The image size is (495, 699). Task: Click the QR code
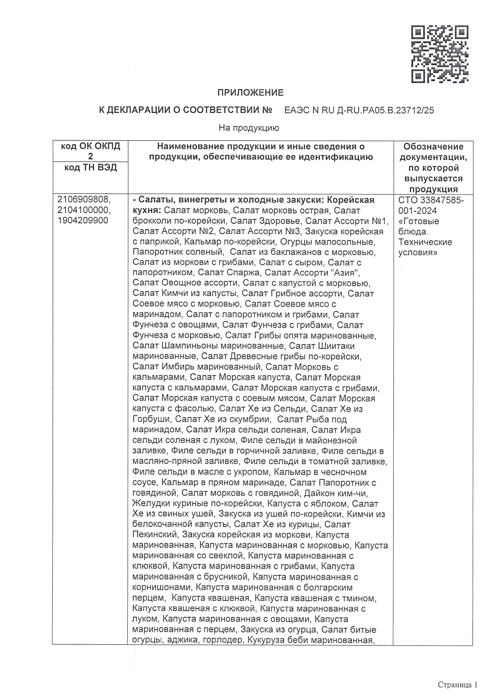pyautogui.click(x=440, y=54)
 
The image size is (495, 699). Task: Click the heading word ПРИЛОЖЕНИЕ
pyautogui.click(x=250, y=93)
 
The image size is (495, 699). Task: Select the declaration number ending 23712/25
pyautogui.click(x=359, y=110)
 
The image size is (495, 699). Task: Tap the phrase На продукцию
pyautogui.click(x=249, y=128)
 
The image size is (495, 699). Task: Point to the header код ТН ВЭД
pyautogui.click(x=91, y=167)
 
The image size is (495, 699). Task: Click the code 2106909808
pyautogui.click(x=84, y=200)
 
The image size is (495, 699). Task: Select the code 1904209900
pyautogui.click(x=83, y=221)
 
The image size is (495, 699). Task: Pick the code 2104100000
pyautogui.click(x=84, y=210)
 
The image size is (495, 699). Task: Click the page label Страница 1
pyautogui.click(x=457, y=685)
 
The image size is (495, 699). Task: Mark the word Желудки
pyautogui.click(x=149, y=504)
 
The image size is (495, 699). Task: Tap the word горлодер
pyautogui.click(x=223, y=640)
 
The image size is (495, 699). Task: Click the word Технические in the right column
pyautogui.click(x=425, y=242)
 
